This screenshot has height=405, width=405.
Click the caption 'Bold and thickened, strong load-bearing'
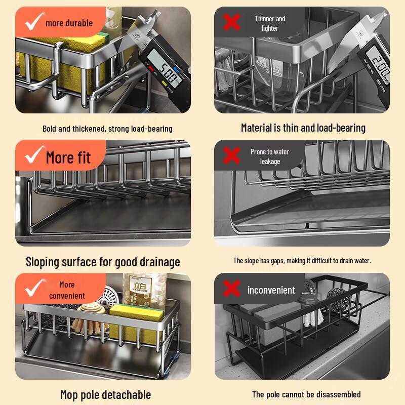point(107,129)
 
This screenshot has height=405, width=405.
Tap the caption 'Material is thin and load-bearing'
point(303,128)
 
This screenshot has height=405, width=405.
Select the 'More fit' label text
point(68,157)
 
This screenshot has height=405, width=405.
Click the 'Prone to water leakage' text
point(270,156)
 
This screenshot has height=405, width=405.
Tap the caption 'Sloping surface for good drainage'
point(103,262)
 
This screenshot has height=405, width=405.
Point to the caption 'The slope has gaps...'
point(302,261)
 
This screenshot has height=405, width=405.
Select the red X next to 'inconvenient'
point(232,290)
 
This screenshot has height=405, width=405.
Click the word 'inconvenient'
point(271,290)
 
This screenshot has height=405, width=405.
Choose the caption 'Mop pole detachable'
point(105,394)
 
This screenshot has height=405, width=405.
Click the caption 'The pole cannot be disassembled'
point(306,394)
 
